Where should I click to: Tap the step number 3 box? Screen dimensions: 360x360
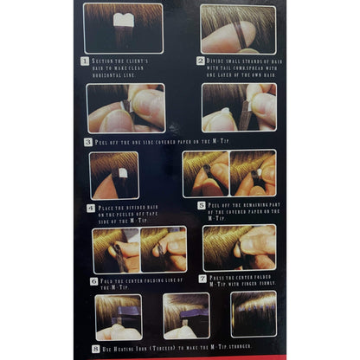coord(87,141)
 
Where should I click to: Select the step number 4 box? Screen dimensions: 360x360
coord(92,208)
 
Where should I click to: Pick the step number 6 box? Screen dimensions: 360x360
coord(93,280)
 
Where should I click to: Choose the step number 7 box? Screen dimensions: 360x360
coord(204,278)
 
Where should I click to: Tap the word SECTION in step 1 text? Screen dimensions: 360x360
coord(106,61)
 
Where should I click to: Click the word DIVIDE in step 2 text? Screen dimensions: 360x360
coord(221,61)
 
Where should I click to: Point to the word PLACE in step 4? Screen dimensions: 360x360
coord(108,208)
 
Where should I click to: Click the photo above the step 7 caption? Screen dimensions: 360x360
coord(239,247)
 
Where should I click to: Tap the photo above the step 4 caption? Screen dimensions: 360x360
coord(114,176)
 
